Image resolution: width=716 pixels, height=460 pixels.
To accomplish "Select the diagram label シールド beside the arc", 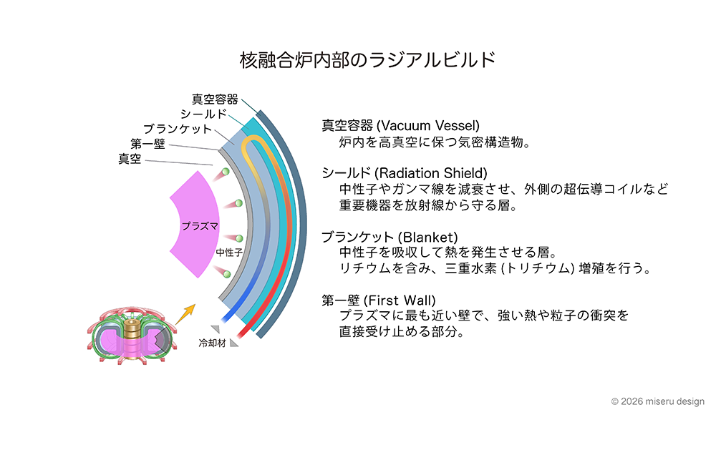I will [x=204, y=114].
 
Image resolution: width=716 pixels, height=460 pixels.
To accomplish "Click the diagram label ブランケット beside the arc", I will [x=178, y=129].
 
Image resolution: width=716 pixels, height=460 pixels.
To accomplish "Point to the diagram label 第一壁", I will [x=148, y=144].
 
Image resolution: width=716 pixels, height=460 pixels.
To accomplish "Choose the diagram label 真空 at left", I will [x=130, y=159].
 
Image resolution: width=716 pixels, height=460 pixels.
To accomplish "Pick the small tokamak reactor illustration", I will [x=132, y=337].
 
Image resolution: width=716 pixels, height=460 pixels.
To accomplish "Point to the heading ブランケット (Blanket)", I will [x=390, y=237].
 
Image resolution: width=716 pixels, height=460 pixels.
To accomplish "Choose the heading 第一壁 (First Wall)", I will [x=379, y=300].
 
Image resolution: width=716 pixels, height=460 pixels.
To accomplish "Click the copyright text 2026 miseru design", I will [x=657, y=402].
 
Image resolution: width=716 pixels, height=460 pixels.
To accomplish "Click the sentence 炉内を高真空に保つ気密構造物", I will [x=435, y=142].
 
